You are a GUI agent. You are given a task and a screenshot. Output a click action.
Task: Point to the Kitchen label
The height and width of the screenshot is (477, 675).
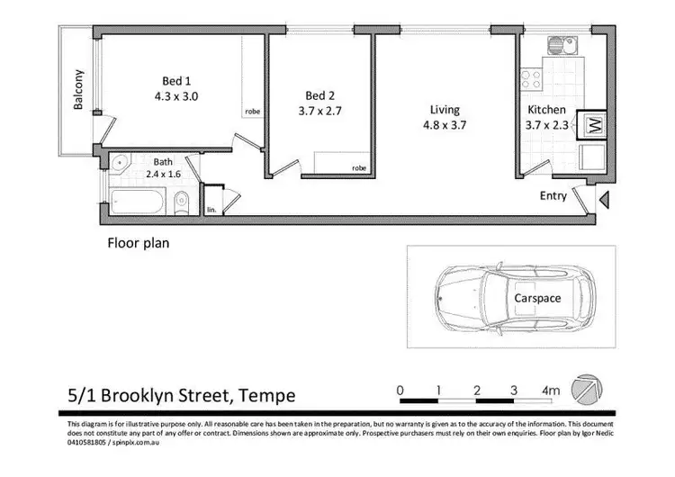(x=546, y=111)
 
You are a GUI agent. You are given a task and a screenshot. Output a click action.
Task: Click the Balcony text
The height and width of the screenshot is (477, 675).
(x=79, y=90)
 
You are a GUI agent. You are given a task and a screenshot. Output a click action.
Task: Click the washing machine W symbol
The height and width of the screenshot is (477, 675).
(x=592, y=123)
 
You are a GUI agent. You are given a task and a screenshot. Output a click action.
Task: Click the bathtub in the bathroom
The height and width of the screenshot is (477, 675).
(x=139, y=201)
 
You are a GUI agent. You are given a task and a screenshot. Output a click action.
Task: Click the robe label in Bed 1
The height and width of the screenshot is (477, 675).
(x=252, y=112)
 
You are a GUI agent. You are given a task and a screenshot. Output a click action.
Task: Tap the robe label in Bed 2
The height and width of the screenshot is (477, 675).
(x=359, y=167)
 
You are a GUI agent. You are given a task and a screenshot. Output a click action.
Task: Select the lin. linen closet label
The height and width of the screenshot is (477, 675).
(x=211, y=209)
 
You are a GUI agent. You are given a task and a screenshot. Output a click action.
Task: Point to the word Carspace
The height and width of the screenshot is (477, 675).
(x=538, y=297)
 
